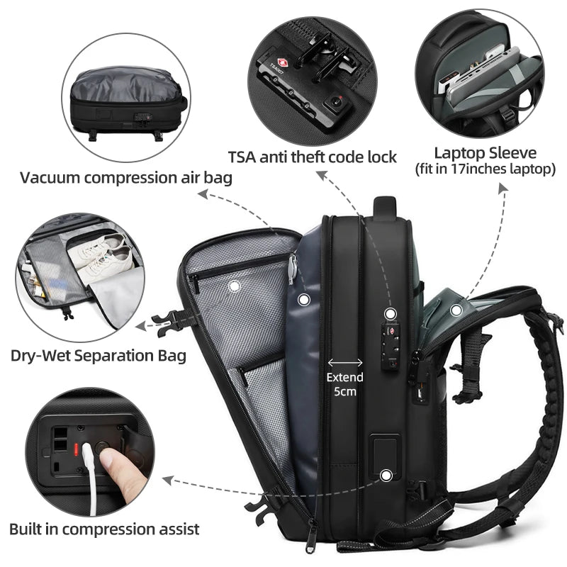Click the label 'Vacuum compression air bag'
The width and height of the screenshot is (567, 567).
125,178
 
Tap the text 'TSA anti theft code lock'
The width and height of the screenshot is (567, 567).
312,156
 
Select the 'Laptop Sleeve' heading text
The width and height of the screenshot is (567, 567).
485,152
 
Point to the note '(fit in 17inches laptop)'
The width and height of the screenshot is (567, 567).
485,169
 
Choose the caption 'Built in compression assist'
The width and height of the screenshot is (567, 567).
104,528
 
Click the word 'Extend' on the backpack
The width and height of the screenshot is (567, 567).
344,377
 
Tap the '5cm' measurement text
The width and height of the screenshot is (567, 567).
344,391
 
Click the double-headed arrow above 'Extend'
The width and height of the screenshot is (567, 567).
344,361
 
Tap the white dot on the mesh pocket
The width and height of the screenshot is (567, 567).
235,285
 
